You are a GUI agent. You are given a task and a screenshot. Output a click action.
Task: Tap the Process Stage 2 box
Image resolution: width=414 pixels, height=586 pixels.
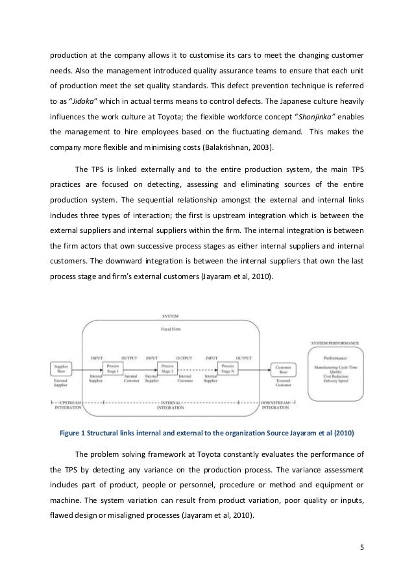coord(169,369)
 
